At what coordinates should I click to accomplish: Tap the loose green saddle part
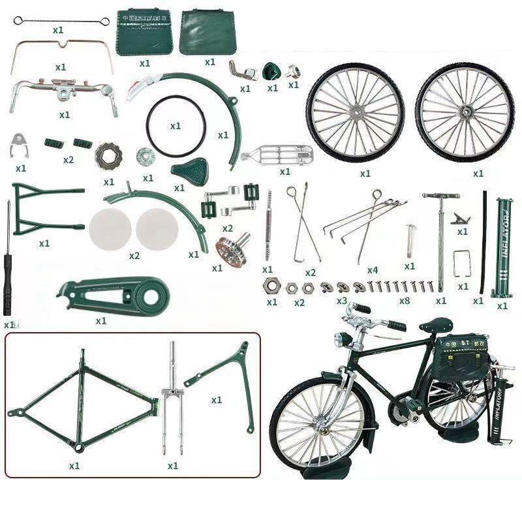(189, 170)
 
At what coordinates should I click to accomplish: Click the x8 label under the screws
(405, 301)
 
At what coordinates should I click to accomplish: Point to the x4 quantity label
(373, 269)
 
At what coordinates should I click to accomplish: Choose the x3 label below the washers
(342, 301)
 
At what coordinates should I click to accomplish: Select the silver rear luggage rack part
(277, 155)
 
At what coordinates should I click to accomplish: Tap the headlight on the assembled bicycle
(339, 340)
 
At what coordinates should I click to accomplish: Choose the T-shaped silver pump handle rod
(441, 235)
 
